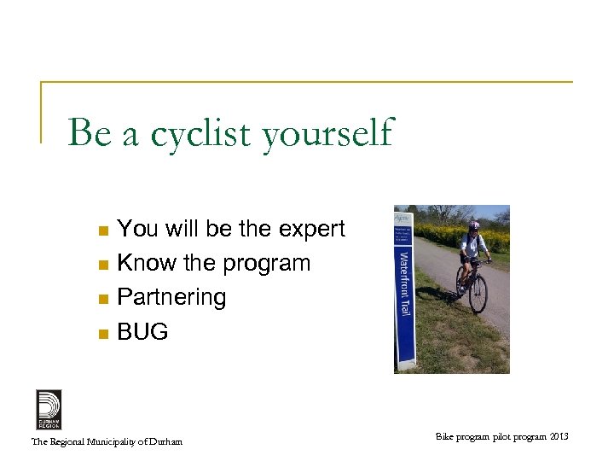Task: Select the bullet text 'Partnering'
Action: point(171,297)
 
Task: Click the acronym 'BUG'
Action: point(142,331)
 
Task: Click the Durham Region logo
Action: point(49,409)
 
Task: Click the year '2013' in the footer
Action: point(558,437)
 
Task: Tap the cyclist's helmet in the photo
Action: point(474,226)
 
